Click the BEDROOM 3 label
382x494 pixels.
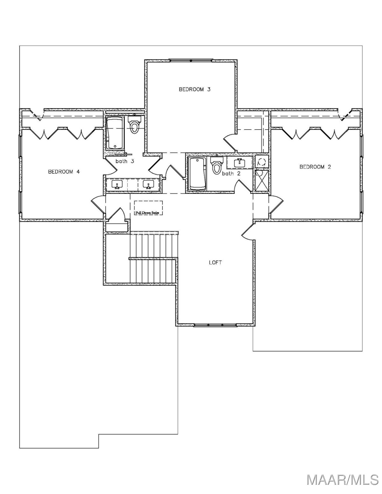click(195, 89)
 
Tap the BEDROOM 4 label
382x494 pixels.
click(64, 172)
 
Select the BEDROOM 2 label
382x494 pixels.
click(315, 167)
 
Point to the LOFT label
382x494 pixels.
click(215, 262)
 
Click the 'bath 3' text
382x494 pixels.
click(125, 161)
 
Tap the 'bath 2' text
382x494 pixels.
click(231, 174)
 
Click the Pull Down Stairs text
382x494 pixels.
click(148, 213)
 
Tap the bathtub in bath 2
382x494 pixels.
click(197, 174)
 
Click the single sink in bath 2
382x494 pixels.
click(239, 163)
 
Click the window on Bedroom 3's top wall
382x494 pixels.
click(191, 60)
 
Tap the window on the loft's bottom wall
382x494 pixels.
click(215, 325)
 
